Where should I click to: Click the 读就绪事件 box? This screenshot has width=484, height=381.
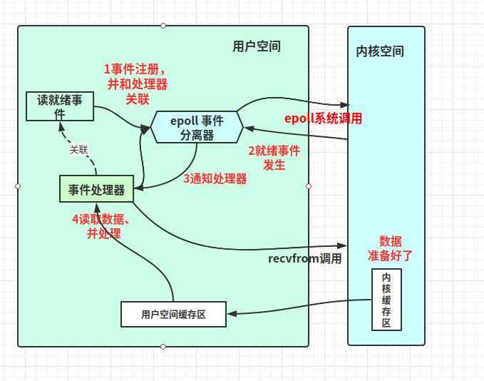(60, 106)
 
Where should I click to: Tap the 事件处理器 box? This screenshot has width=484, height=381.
(96, 189)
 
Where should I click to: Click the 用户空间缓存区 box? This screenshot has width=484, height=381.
(173, 314)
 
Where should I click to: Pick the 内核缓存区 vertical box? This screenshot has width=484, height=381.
(386, 300)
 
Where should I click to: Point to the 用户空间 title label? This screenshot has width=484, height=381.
(257, 46)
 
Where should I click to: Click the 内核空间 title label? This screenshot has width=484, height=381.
(380, 51)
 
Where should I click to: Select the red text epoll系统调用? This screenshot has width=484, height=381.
(323, 118)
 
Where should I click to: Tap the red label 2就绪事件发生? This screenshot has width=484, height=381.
(274, 158)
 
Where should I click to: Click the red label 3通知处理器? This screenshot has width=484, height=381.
(215, 179)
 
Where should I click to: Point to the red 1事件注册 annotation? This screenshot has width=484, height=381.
(137, 84)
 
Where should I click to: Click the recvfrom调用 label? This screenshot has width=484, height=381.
(304, 258)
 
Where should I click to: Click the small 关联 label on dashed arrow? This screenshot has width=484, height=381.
(78, 150)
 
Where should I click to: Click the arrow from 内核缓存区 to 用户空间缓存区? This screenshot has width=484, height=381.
(299, 307)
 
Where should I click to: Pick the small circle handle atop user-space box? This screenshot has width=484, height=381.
(163, 26)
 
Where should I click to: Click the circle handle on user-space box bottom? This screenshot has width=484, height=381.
(163, 347)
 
